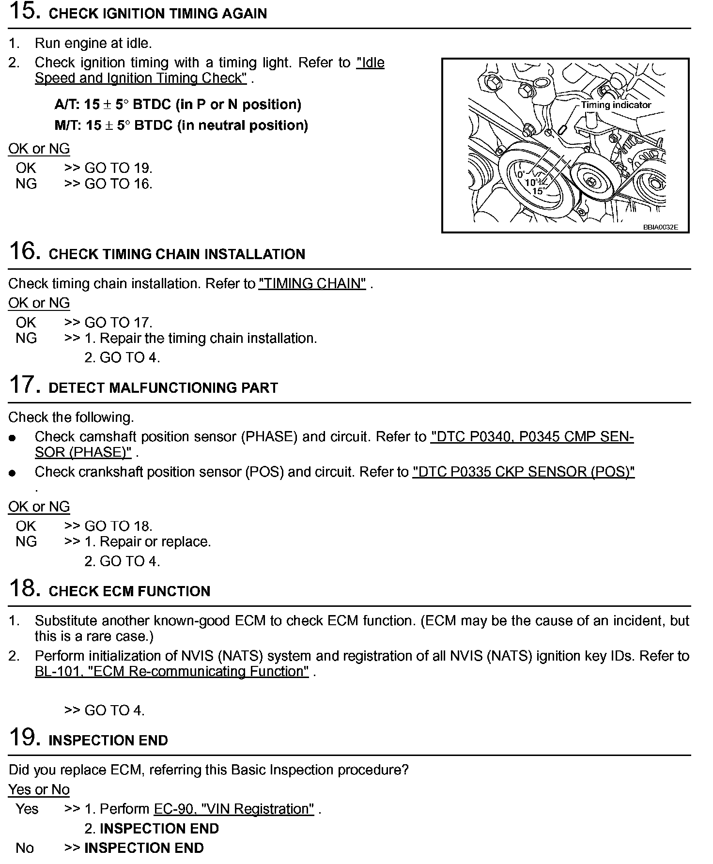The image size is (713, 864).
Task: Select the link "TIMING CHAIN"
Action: (x=312, y=283)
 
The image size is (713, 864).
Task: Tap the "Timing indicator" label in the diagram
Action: (x=616, y=105)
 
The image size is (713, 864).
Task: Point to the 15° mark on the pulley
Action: (x=538, y=191)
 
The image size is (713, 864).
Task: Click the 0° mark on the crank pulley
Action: (x=521, y=174)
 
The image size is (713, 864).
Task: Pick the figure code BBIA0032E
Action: (x=660, y=227)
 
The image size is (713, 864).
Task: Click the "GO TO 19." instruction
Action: (x=118, y=168)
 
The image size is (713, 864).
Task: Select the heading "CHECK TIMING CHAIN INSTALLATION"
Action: (x=177, y=254)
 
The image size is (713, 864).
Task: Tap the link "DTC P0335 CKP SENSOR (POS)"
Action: (x=523, y=472)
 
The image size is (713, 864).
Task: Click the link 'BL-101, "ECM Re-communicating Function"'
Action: (x=171, y=671)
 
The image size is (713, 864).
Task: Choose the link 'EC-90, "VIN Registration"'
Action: (x=234, y=809)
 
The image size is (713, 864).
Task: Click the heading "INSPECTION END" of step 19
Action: (x=108, y=740)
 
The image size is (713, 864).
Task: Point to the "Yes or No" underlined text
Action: (x=39, y=789)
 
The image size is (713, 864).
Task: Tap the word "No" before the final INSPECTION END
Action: (x=25, y=848)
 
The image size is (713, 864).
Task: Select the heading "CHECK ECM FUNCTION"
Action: (x=129, y=591)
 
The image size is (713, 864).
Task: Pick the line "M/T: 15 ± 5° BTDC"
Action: (x=181, y=125)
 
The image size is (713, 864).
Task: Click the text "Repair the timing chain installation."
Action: (x=208, y=338)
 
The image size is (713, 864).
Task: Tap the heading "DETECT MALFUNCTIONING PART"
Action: (x=163, y=387)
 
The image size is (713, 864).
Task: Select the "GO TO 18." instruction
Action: (x=118, y=526)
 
